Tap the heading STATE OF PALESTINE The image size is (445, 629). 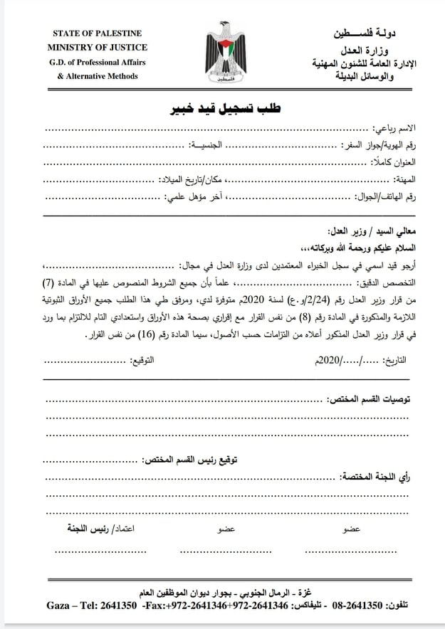pyautogui.click(x=98, y=33)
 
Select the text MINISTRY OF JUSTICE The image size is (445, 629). pyautogui.click(x=98, y=47)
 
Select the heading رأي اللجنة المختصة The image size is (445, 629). pyautogui.click(x=381, y=475)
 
